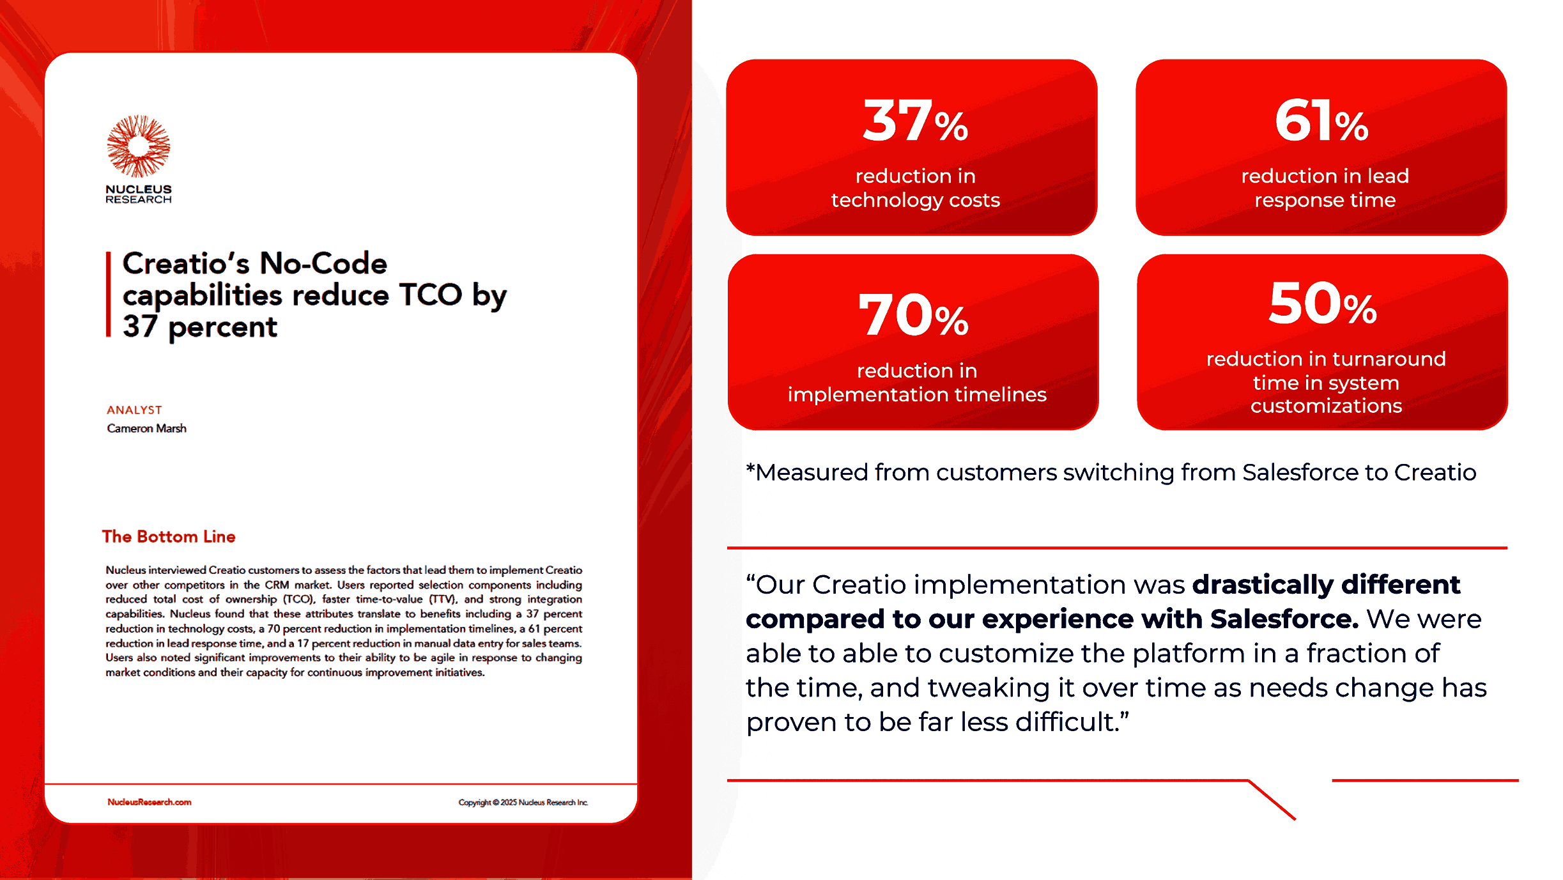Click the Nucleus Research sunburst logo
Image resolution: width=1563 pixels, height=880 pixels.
tap(139, 146)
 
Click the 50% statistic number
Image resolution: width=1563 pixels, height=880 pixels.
tap(1323, 304)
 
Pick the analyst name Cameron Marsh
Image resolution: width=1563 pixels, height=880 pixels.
tap(146, 428)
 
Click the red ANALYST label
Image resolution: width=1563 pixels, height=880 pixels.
tap(134, 410)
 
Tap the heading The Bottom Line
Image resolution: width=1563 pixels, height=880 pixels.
tap(169, 536)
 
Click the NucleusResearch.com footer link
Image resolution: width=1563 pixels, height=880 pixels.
tap(149, 802)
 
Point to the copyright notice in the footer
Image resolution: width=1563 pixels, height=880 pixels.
tap(523, 802)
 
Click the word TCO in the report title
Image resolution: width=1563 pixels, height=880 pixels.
tap(430, 295)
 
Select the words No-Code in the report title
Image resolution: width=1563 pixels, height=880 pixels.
tap(323, 263)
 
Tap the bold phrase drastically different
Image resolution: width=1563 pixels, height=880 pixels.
tap(1326, 584)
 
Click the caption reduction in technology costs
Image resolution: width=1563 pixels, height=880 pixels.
tap(915, 188)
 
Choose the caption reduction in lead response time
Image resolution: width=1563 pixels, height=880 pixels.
tap(1325, 188)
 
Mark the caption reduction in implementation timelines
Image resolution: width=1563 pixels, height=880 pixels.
tap(917, 382)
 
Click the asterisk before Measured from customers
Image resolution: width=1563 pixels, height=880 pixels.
tap(751, 468)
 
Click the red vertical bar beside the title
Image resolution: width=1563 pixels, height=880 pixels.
tap(109, 294)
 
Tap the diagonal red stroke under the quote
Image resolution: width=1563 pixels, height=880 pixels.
tap(1272, 799)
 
